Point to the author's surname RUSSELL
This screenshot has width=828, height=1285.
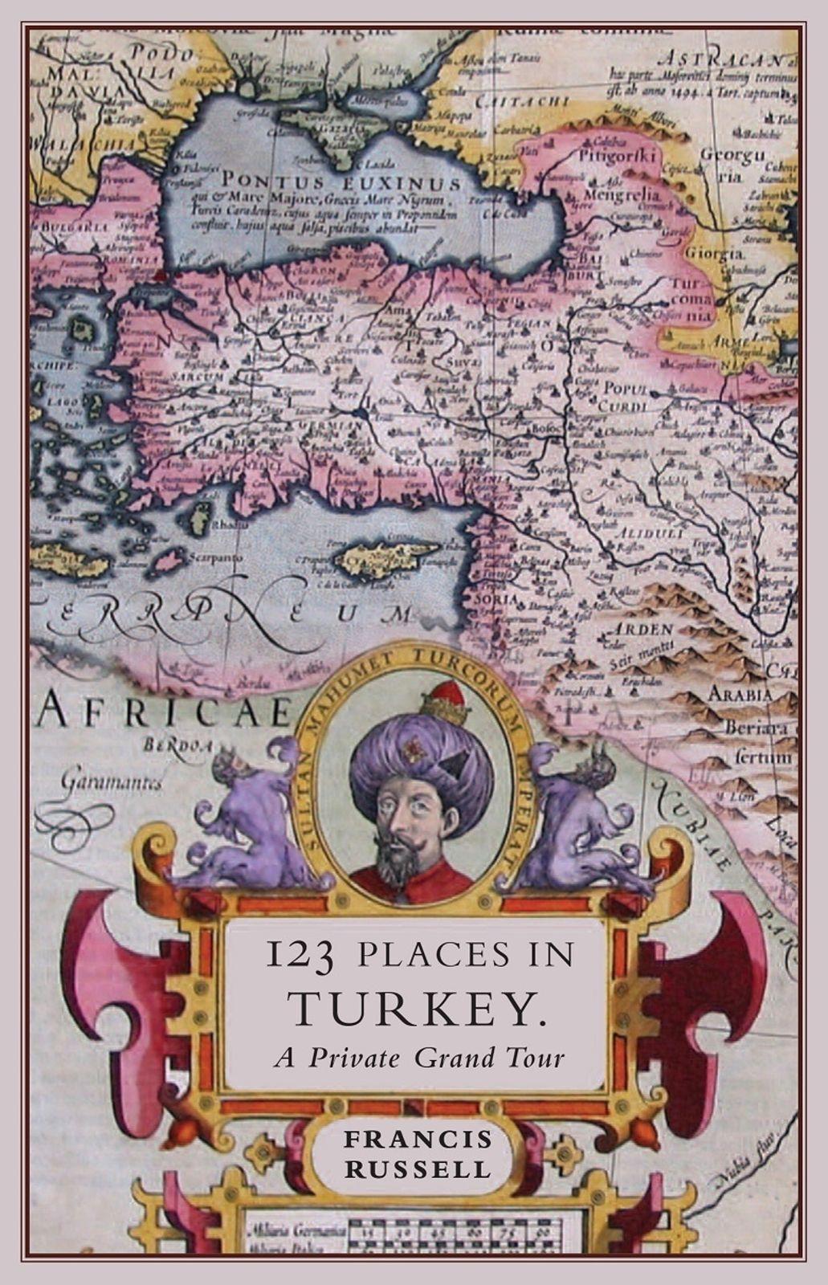pyautogui.click(x=418, y=1169)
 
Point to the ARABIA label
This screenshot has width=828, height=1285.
pyautogui.click(x=740, y=694)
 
